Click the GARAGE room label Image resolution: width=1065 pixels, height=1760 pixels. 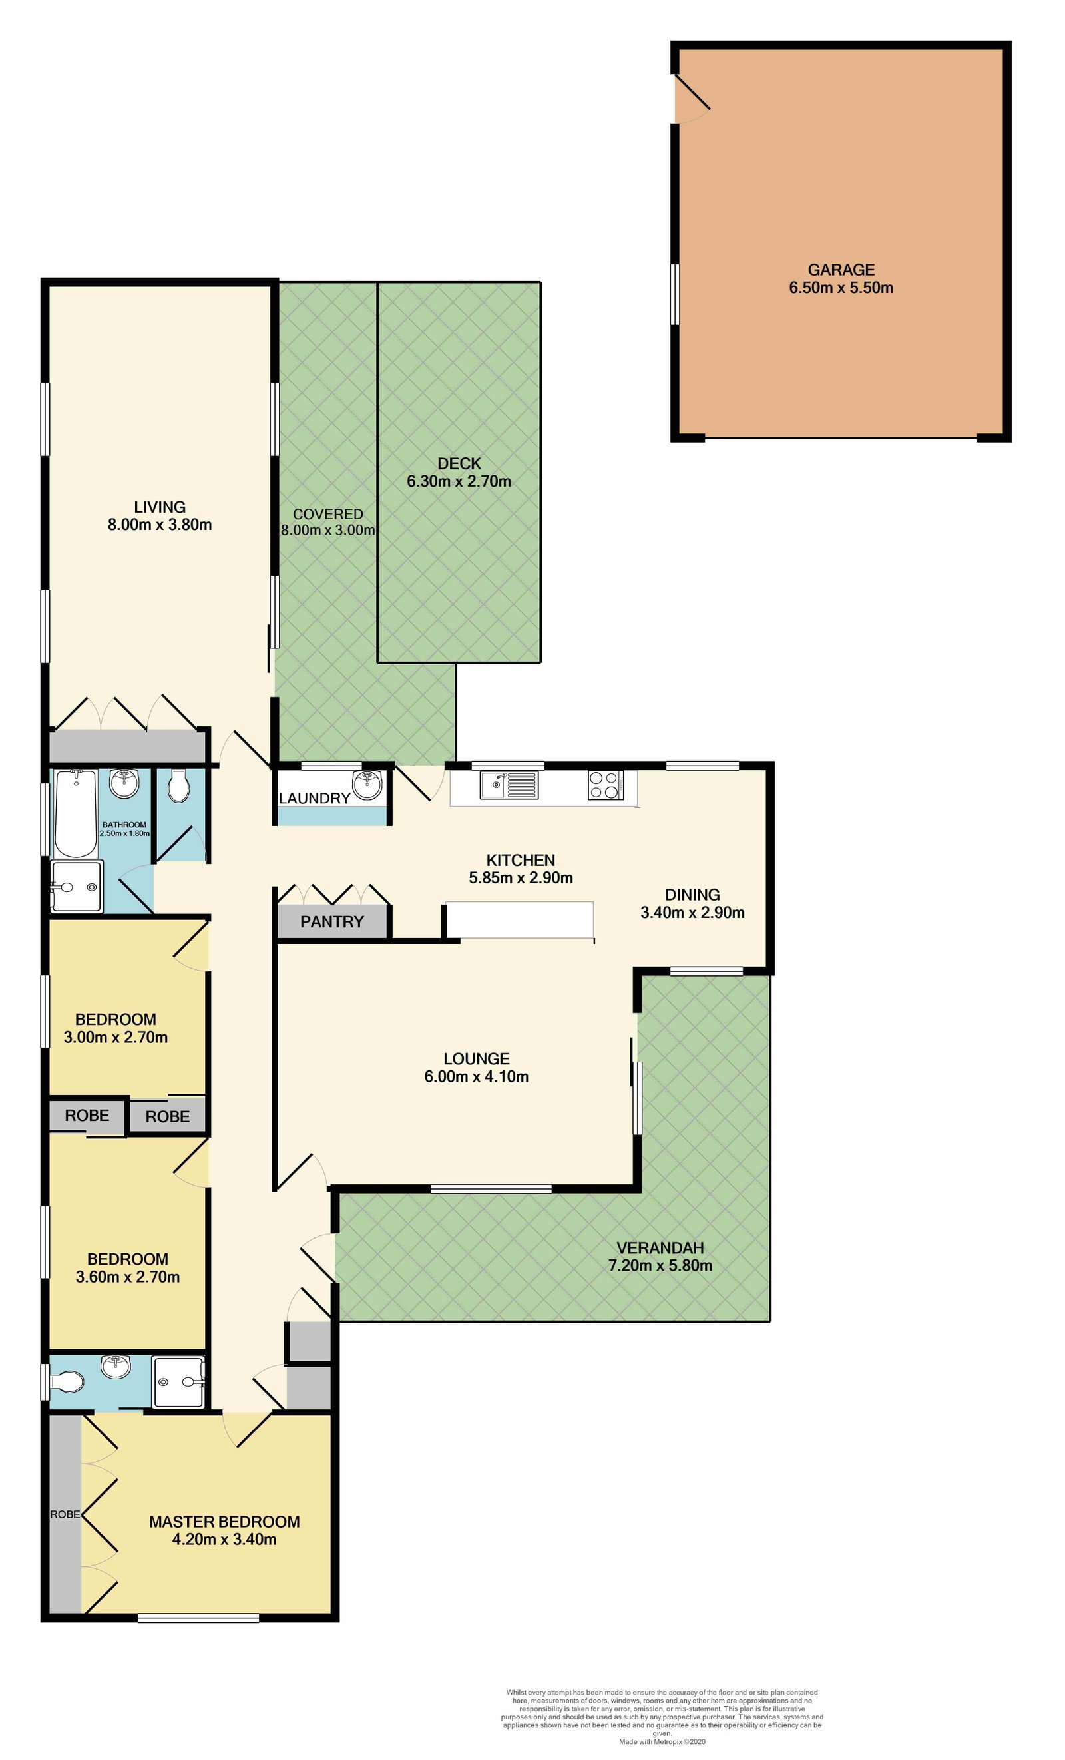(x=841, y=270)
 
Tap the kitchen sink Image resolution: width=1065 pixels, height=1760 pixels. (x=509, y=785)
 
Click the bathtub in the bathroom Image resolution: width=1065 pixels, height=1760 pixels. (x=76, y=813)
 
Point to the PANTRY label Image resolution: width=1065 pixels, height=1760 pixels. (x=332, y=922)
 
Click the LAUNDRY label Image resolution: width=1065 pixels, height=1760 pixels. (x=314, y=799)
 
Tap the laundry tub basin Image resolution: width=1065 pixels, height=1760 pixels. (x=368, y=785)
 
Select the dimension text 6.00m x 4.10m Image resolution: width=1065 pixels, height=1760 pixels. (x=477, y=1077)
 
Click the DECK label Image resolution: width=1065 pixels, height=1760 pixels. (x=459, y=463)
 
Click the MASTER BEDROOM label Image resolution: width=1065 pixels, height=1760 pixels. (x=224, y=1522)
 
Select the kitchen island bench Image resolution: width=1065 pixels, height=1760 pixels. (x=519, y=921)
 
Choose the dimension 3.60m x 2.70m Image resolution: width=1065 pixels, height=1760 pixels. (x=128, y=1277)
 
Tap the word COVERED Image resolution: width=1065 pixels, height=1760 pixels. (x=328, y=515)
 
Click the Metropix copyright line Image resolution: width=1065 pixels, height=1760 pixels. (x=662, y=1741)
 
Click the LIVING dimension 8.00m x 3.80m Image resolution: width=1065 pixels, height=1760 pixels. (x=160, y=525)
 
